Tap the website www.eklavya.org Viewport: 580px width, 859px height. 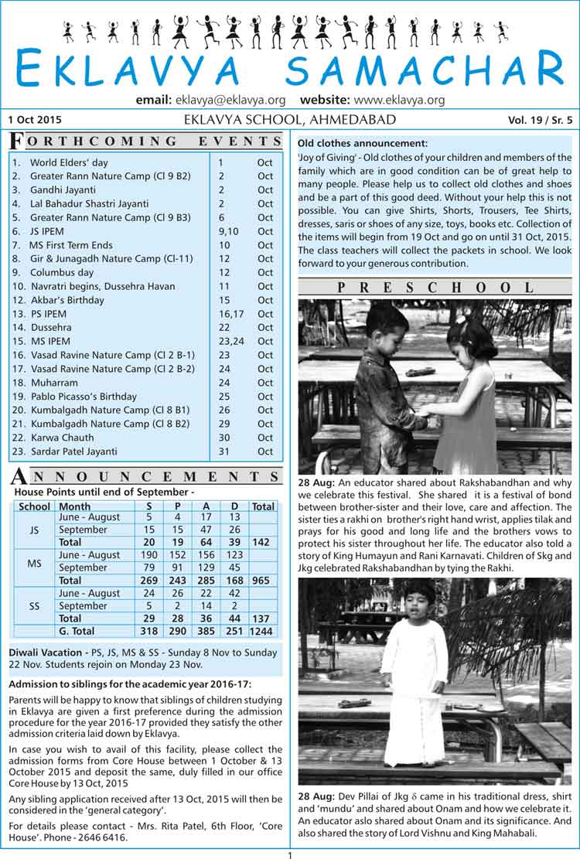tap(400, 100)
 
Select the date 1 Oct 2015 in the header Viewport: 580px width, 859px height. tap(36, 120)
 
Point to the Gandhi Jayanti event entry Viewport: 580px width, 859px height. tap(63, 189)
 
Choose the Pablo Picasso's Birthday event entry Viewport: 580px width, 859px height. tap(83, 396)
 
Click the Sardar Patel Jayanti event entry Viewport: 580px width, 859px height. tap(73, 451)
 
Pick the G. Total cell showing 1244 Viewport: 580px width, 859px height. tap(263, 631)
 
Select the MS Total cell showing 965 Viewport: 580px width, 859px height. tap(263, 580)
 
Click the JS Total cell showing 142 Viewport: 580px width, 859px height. tap(263, 543)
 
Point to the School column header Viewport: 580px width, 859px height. tap(35, 506)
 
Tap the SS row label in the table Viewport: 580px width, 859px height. tap(35, 606)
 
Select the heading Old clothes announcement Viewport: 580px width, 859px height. tap(363, 143)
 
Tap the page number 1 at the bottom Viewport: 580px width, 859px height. tap(289, 854)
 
